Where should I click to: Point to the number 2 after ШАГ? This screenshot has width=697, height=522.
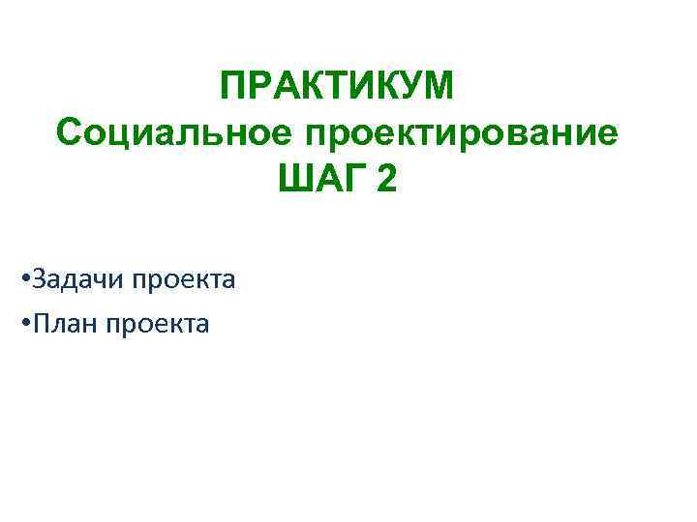pos(386,180)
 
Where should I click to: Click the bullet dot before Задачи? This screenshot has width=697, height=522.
pos(23,281)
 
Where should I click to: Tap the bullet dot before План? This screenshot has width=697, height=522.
pos(23,325)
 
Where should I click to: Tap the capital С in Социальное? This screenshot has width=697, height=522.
pos(70,133)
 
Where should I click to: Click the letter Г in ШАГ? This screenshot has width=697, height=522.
pos(346,180)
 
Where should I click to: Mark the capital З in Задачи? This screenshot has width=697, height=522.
pos(38,280)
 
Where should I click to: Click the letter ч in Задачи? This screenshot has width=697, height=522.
pos(101,281)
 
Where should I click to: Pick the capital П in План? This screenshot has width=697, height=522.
pos(40,324)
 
